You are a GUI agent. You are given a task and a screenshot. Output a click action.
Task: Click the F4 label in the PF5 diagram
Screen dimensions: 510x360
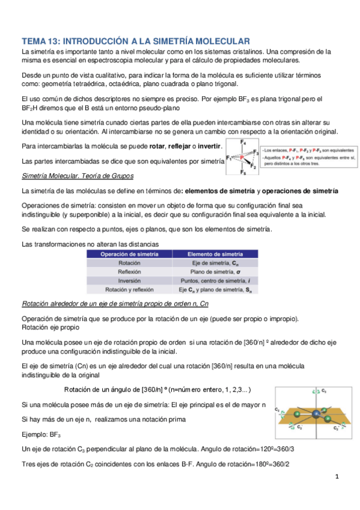click(243, 143)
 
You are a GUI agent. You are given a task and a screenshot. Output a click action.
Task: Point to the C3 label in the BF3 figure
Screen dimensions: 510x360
click(323, 390)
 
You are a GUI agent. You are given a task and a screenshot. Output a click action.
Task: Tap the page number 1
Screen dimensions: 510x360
click(338, 478)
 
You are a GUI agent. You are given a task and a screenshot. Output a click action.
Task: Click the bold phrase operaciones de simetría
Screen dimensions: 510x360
click(300, 191)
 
